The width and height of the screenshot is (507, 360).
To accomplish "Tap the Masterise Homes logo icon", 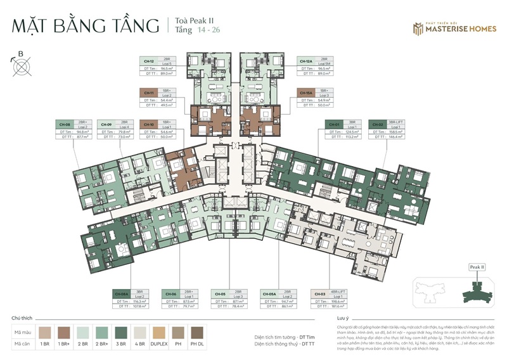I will (418, 28).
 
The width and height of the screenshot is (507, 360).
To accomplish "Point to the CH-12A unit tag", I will (305, 61).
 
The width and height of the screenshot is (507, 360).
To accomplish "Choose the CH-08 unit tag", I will (64, 125).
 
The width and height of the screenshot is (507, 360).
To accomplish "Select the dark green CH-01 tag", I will (333, 125).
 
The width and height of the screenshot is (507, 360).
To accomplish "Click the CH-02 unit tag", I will (376, 125).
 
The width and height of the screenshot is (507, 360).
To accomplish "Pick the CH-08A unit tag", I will (121, 294).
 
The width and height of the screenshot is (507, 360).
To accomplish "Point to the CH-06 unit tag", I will (170, 294).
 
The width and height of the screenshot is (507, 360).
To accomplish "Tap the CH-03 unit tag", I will (319, 294).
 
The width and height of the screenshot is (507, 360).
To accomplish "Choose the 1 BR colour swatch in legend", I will (45, 331).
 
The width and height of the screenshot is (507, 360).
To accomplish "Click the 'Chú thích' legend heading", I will (22, 317).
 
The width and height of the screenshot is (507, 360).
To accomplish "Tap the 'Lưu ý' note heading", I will (343, 316).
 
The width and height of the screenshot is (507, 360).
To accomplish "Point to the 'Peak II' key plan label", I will (477, 267).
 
